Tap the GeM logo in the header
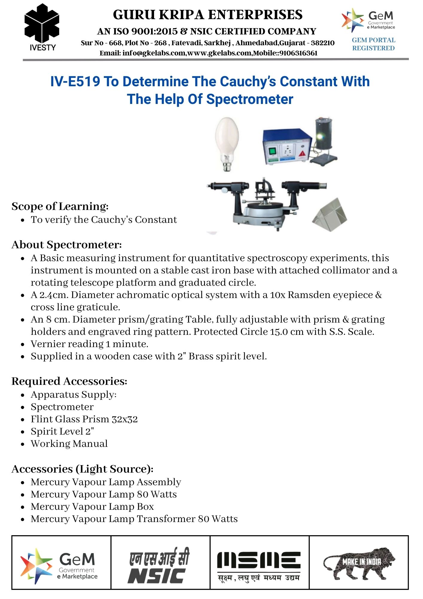pyautogui.click(x=368, y=20)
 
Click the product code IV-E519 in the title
pyautogui.click(x=75, y=81)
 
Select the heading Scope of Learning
pyautogui.click(x=60, y=206)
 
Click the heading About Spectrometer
pyautogui.click(x=66, y=245)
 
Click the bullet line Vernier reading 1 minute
pyautogui.click(x=89, y=344)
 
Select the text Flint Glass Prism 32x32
pyautogui.click(x=84, y=419)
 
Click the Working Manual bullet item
pyautogui.click(x=69, y=444)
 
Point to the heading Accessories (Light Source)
pyautogui.click(x=82, y=469)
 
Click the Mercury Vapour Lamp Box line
pyautogui.click(x=92, y=507)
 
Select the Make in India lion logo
pyautogui.click(x=359, y=565)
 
